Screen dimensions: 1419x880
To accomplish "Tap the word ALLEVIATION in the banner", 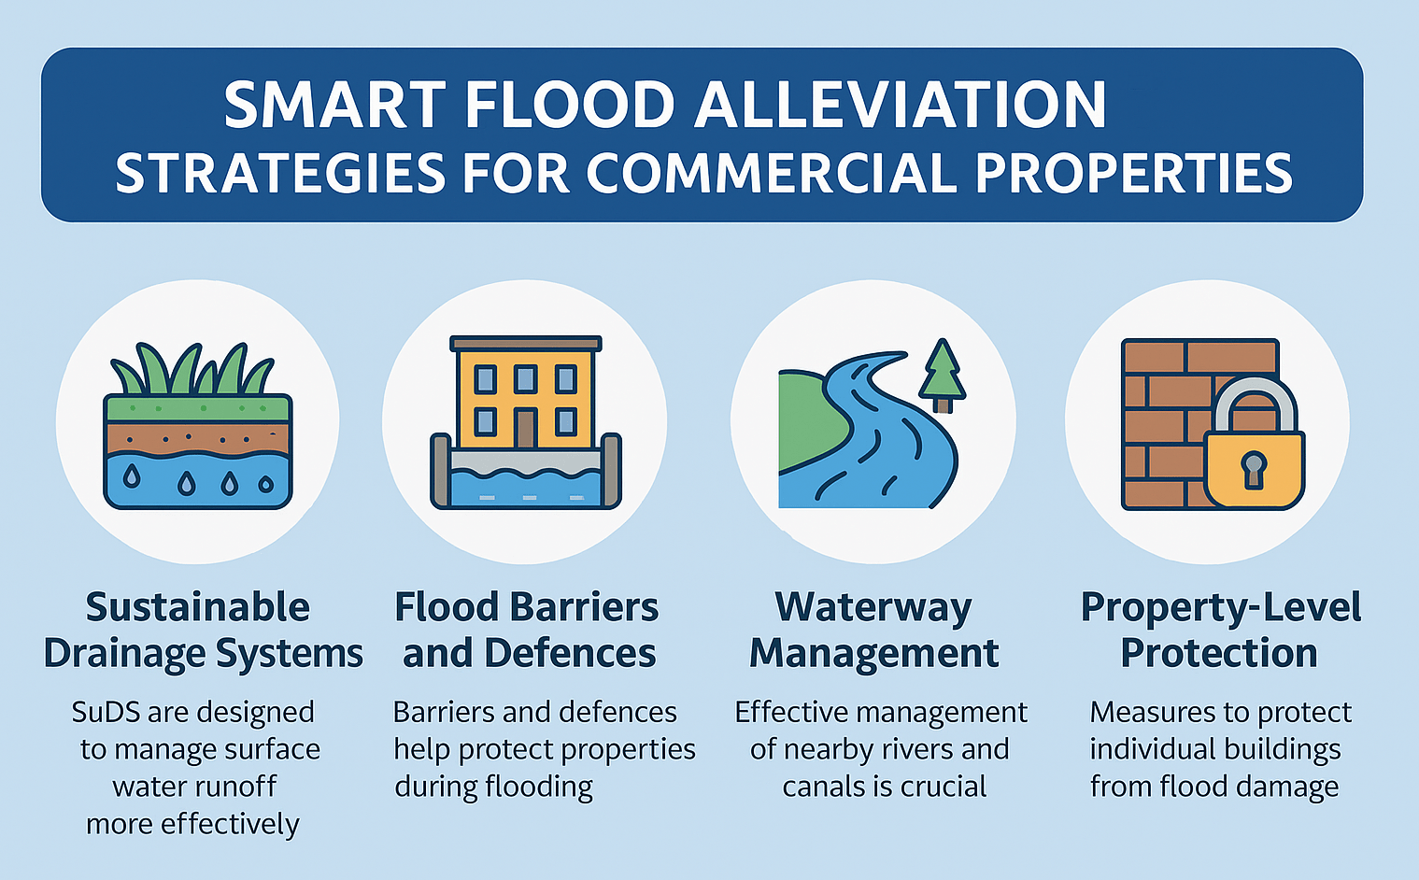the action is click(x=901, y=106).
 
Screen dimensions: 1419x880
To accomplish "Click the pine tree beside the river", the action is click(x=943, y=376).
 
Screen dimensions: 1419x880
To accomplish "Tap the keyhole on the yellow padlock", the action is click(x=1254, y=469).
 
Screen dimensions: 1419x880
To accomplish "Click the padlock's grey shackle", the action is click(x=1253, y=405).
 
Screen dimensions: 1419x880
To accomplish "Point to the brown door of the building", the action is click(x=525, y=428).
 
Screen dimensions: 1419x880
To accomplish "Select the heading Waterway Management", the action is click(x=874, y=630).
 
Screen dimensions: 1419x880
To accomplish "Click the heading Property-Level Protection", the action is click(x=1221, y=630).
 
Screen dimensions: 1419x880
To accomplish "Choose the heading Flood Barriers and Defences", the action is click(x=527, y=630).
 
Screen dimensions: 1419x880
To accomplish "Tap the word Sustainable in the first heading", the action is click(x=198, y=607).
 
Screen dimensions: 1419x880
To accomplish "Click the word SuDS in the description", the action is click(x=105, y=712).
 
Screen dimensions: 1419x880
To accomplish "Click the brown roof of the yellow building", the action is click(x=526, y=344).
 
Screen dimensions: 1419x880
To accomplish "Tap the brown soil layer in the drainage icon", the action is click(x=198, y=438).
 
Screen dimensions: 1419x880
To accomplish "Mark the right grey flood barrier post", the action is click(x=611, y=471).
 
